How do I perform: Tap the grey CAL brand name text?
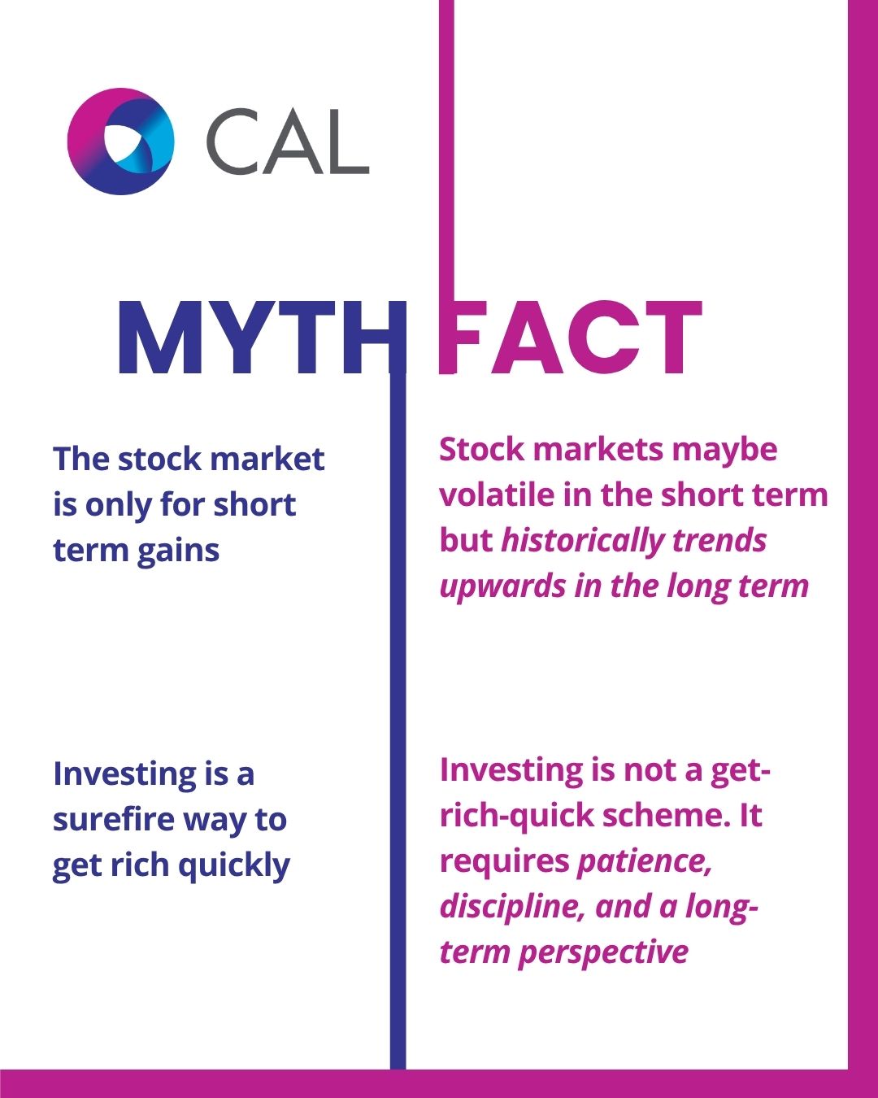287,142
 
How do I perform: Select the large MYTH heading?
263,338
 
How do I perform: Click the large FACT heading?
571,338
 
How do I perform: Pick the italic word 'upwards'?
502,586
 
